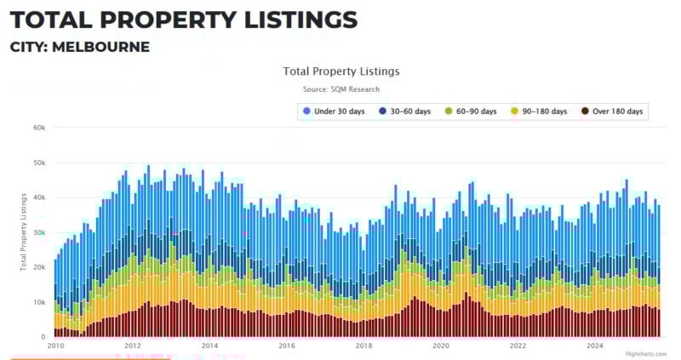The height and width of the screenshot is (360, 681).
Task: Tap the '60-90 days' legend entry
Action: tap(476, 111)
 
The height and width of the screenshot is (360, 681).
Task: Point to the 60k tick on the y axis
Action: tap(39, 128)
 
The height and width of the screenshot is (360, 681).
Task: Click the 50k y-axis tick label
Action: tap(39, 163)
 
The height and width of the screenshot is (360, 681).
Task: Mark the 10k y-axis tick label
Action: tap(39, 302)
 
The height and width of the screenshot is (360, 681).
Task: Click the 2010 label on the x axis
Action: tap(55, 346)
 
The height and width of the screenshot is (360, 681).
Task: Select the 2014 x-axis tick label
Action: tap(209, 346)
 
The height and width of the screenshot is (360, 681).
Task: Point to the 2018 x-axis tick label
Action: tap(363, 346)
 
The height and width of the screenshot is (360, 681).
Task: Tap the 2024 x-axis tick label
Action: tap(595, 346)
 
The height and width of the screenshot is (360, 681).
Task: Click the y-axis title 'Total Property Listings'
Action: tap(23, 231)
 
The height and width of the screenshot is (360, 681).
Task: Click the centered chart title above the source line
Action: tap(340, 71)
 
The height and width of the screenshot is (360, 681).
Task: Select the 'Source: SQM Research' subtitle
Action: tap(340, 89)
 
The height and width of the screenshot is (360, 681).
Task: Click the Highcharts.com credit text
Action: tap(645, 354)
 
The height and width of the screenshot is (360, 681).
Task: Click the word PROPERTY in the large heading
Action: tap(152, 19)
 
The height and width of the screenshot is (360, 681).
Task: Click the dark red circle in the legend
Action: tap(585, 111)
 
